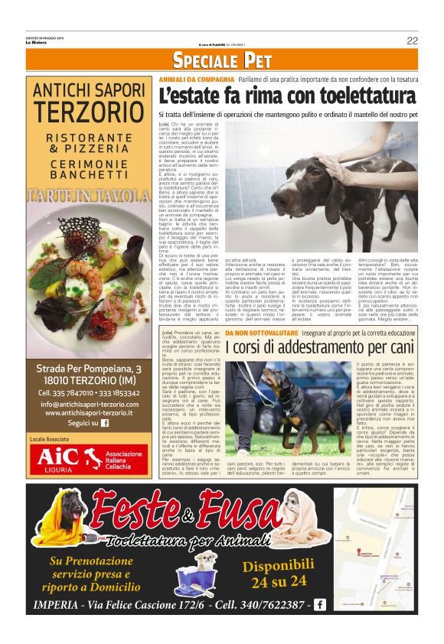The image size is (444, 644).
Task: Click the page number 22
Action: pyautogui.click(x=412, y=41)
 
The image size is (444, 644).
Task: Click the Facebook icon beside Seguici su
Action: pyautogui.click(x=105, y=422)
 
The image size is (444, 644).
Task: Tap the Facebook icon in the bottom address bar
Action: pyautogui.click(x=319, y=605)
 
